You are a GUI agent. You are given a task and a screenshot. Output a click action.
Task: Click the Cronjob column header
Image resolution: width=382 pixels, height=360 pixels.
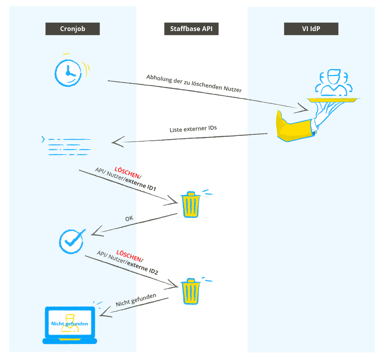coord(72,29)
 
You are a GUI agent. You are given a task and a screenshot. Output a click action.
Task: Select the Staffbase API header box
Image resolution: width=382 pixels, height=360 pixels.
coord(191,29)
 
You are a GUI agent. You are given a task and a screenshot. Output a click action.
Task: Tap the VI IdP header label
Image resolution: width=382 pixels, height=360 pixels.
coord(311,29)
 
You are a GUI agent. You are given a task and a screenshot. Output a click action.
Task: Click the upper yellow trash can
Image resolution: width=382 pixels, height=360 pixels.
coord(191,204)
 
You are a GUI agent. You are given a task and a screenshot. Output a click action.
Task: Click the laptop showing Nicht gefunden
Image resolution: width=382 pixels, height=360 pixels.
coord(70,325)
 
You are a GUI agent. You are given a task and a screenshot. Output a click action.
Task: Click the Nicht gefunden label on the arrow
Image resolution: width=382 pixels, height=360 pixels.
coord(136,300)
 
